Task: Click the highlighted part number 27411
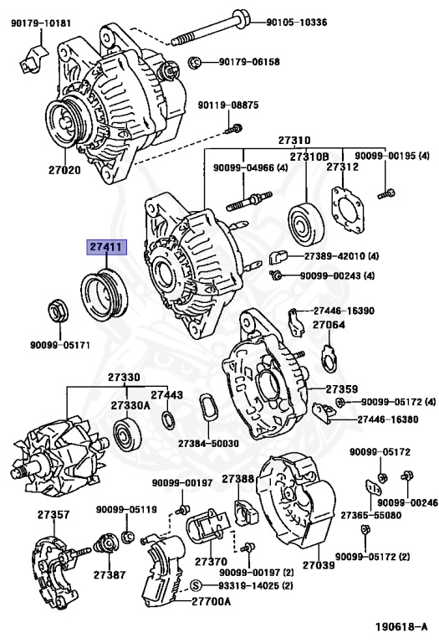click(x=105, y=249)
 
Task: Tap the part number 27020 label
click(x=64, y=170)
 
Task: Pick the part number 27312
click(x=343, y=167)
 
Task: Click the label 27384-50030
click(x=207, y=443)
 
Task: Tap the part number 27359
click(x=341, y=389)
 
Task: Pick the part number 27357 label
click(x=53, y=512)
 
